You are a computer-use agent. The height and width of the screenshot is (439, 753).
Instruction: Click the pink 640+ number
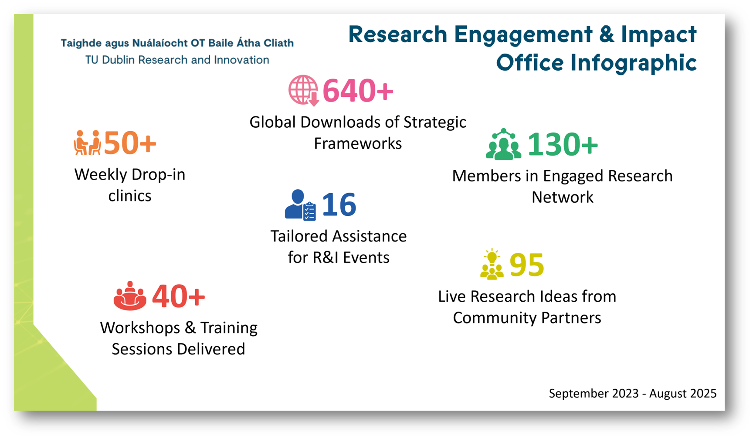point(358,91)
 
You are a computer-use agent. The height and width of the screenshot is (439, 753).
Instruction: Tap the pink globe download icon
point(303,91)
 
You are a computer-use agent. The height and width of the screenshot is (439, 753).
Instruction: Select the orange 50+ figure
point(130,143)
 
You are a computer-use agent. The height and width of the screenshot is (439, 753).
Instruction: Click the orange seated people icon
point(87,143)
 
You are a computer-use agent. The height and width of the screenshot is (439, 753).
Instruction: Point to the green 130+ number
point(563,144)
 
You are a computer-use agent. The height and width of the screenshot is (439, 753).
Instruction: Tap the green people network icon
point(504,144)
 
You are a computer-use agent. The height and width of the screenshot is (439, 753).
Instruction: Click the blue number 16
point(339,204)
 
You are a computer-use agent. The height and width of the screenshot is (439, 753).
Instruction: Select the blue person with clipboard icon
point(300,204)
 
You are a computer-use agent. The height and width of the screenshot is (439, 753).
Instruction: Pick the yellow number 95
point(527,265)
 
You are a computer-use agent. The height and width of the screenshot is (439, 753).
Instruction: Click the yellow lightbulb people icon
point(492,264)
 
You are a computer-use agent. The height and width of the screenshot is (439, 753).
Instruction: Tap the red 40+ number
point(178,296)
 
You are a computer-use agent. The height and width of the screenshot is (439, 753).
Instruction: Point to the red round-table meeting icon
point(130,296)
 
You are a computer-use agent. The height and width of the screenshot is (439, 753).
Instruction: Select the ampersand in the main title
point(606,34)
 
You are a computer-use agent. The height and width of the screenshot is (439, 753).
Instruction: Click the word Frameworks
point(358,143)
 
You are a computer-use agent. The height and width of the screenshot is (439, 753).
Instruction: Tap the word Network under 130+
point(563,197)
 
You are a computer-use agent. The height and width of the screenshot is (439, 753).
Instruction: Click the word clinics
point(130,196)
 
